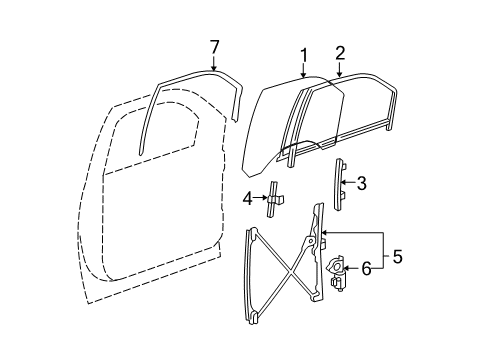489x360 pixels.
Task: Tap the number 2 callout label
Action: pos(340,53)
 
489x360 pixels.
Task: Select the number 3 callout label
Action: pos(362,182)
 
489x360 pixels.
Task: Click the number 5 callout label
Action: pos(397,258)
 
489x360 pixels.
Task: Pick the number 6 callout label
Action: pos(366,267)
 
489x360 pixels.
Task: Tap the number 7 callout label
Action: pos(214,45)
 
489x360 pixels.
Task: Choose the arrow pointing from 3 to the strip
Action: pos(349,183)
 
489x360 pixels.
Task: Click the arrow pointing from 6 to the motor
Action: pos(352,267)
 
